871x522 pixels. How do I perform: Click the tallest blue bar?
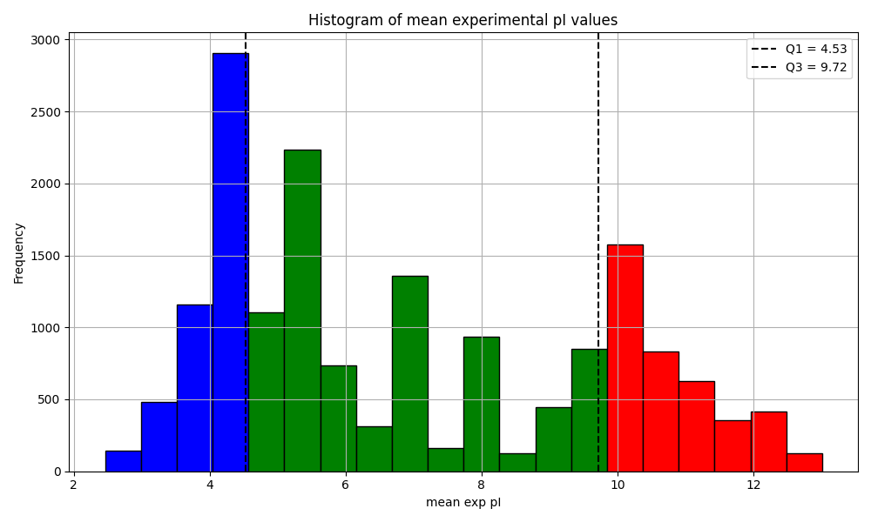(229, 261)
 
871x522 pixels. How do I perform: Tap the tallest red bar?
(625, 358)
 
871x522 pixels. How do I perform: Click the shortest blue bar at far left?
(123, 461)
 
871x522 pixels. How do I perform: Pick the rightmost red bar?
(804, 463)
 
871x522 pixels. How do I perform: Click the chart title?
(463, 20)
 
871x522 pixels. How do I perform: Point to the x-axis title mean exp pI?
(463, 503)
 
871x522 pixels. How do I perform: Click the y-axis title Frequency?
(18, 252)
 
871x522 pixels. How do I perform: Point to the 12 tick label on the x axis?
(753, 485)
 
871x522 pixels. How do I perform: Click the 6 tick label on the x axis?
(345, 485)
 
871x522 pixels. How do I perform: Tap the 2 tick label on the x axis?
(74, 485)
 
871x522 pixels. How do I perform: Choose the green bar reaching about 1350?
(409, 374)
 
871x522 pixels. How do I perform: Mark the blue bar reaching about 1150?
(194, 388)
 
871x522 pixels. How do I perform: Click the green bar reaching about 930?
(481, 405)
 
